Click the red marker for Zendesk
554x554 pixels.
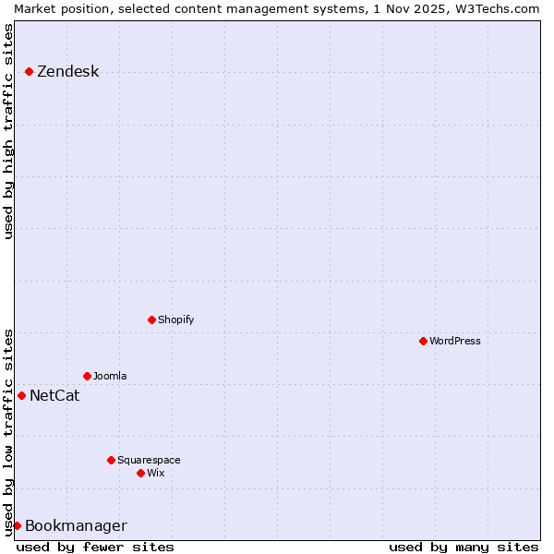pos(29,71)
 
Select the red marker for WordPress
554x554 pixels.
pos(423,341)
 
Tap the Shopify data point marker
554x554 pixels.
pos(151,319)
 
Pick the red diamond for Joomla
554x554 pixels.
pos(87,376)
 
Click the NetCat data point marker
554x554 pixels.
pos(21,395)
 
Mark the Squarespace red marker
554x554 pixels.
pos(111,460)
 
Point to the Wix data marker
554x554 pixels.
pos(140,473)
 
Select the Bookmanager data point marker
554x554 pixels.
pos(17,525)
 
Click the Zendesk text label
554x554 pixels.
pos(67,72)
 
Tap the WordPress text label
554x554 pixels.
pos(455,341)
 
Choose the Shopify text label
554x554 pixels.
pos(175,319)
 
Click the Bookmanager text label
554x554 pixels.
pos(76,526)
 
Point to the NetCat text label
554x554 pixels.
pos(54,396)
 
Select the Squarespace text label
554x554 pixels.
pos(149,460)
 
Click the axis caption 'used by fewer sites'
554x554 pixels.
pos(95,547)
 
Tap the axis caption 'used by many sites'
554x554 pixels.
pos(464,547)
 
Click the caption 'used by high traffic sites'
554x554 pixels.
pos(9,131)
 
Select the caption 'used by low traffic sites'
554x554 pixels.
pos(9,431)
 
